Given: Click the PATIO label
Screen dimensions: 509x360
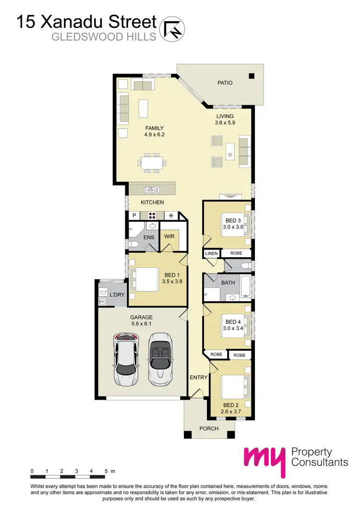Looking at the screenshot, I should click(225, 83).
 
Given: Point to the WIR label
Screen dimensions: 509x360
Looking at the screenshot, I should click(169, 237).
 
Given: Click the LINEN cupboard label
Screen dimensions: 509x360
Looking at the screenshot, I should click(211, 253).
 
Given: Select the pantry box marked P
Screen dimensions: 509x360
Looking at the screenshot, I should click(134, 215).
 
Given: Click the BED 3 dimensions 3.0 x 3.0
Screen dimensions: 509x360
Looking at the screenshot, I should click(232, 226).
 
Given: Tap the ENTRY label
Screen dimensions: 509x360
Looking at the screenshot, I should click(198, 378).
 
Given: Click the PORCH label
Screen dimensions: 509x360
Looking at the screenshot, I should click(209, 428).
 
